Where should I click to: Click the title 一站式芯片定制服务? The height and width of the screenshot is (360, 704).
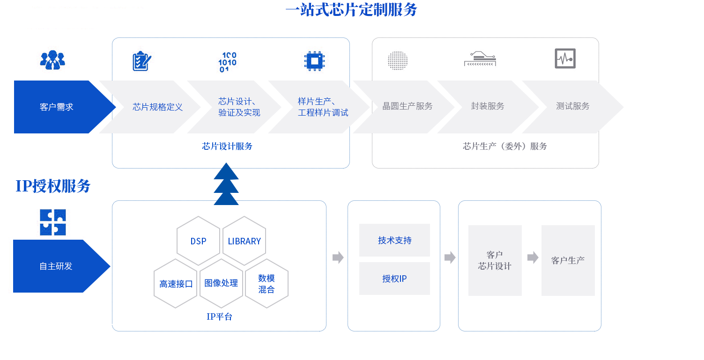coord(351,10)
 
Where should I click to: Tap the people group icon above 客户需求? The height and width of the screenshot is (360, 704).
coord(52,60)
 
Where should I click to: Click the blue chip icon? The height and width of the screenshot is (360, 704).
coord(314,61)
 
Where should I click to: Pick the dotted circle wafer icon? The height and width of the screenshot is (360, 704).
coord(398,61)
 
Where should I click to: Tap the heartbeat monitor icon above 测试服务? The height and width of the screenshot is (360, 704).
coord(565,59)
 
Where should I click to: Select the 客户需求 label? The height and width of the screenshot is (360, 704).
coord(57,107)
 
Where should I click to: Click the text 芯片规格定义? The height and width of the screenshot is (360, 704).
coord(157,107)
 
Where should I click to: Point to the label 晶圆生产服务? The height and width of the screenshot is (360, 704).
coord(408,106)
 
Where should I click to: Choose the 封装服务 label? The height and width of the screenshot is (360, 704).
coord(488,106)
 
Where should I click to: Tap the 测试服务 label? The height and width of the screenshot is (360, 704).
coord(573,106)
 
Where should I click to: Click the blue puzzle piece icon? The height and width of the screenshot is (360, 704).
coord(52,222)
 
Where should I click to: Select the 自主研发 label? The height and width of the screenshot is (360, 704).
coord(56,266)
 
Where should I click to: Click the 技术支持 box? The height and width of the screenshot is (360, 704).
coord(394,240)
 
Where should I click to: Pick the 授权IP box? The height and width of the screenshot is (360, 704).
coord(394,279)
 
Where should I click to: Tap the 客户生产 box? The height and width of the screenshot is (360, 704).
coord(568,260)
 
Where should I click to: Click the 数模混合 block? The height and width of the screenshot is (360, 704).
coord(266,284)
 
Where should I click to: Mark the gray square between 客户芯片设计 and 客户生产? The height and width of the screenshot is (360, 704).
coord(533,257)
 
